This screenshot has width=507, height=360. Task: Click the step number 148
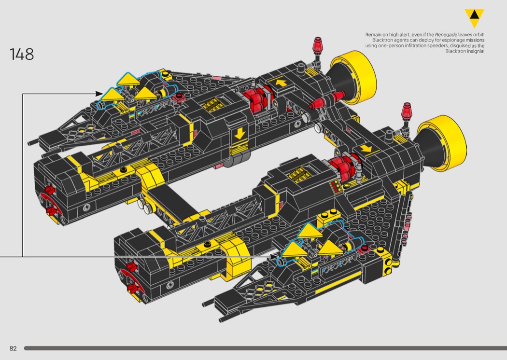22,54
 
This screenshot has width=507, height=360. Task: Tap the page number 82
13,348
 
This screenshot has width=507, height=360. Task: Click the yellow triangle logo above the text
474,18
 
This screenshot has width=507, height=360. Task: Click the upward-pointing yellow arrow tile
280,83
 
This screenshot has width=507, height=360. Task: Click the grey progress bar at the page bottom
265,348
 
